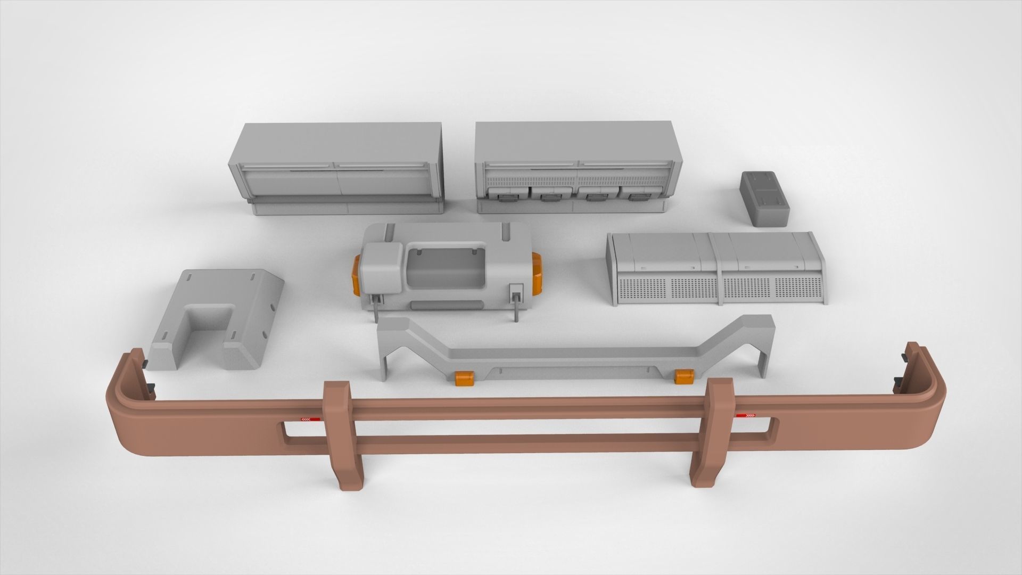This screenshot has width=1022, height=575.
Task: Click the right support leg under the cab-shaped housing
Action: coord(516,311)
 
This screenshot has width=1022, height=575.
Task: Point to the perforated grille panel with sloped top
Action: coord(716,268)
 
